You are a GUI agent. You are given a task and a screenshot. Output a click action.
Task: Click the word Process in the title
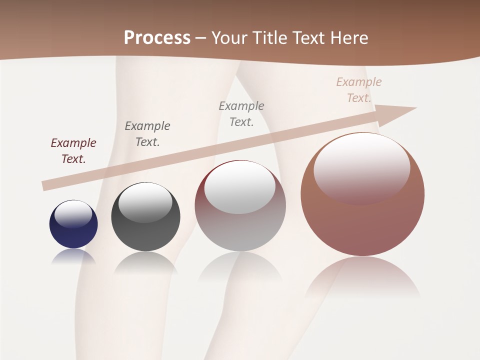pos(157,38)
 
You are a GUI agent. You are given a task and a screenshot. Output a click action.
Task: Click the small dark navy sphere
pos(73,230)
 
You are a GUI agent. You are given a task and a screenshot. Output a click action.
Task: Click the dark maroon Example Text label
pos(73,150)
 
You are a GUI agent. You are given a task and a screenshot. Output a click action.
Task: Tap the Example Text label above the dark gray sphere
pos(147,133)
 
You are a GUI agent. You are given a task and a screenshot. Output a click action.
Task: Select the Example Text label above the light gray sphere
pos(241,113)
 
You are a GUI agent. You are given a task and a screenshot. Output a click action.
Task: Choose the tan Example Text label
pos(359,89)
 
